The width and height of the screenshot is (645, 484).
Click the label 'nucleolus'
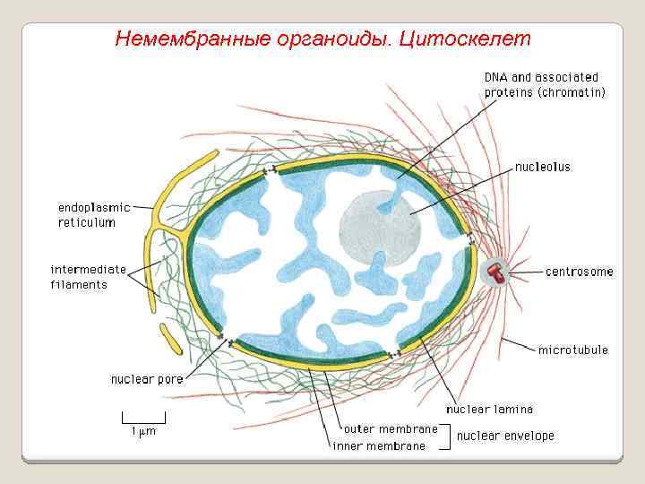pyautogui.click(x=542, y=167)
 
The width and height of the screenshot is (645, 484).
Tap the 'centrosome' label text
pyautogui.click(x=580, y=272)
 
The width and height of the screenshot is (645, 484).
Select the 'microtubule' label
pyautogui.click(x=572, y=350)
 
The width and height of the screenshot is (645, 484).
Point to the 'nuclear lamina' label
pyautogui.click(x=489, y=409)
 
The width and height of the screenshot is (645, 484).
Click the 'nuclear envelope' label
pyautogui.click(x=505, y=436)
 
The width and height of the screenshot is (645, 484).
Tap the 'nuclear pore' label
pyautogui.click(x=147, y=379)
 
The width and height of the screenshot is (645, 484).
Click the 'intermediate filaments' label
pyautogui.click(x=89, y=277)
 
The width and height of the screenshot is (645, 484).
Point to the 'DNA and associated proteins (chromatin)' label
pyautogui.click(x=545, y=84)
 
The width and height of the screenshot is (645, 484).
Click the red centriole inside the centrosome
pyautogui.click(x=493, y=272)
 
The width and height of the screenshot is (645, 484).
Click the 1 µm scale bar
pyautogui.click(x=144, y=418)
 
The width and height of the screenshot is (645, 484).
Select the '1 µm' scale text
pyautogui.click(x=144, y=431)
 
